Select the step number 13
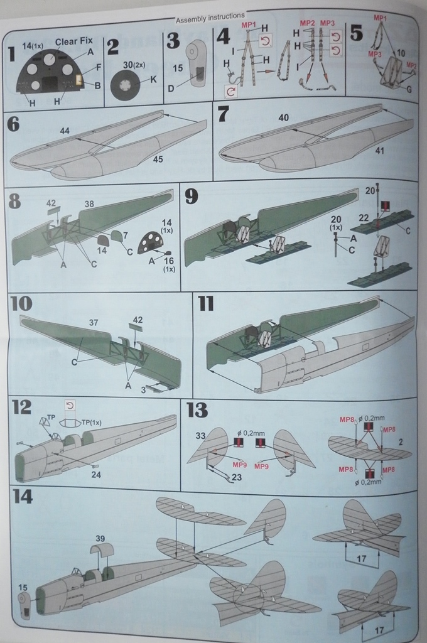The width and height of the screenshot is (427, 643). pos(197,411)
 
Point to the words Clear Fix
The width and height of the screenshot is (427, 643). pos(73,41)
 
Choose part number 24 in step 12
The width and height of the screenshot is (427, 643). pos(96,475)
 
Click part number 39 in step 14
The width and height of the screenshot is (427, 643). pos(100,539)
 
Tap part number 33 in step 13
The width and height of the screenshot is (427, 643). pos(200,436)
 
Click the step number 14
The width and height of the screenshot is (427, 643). pos(23,497)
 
